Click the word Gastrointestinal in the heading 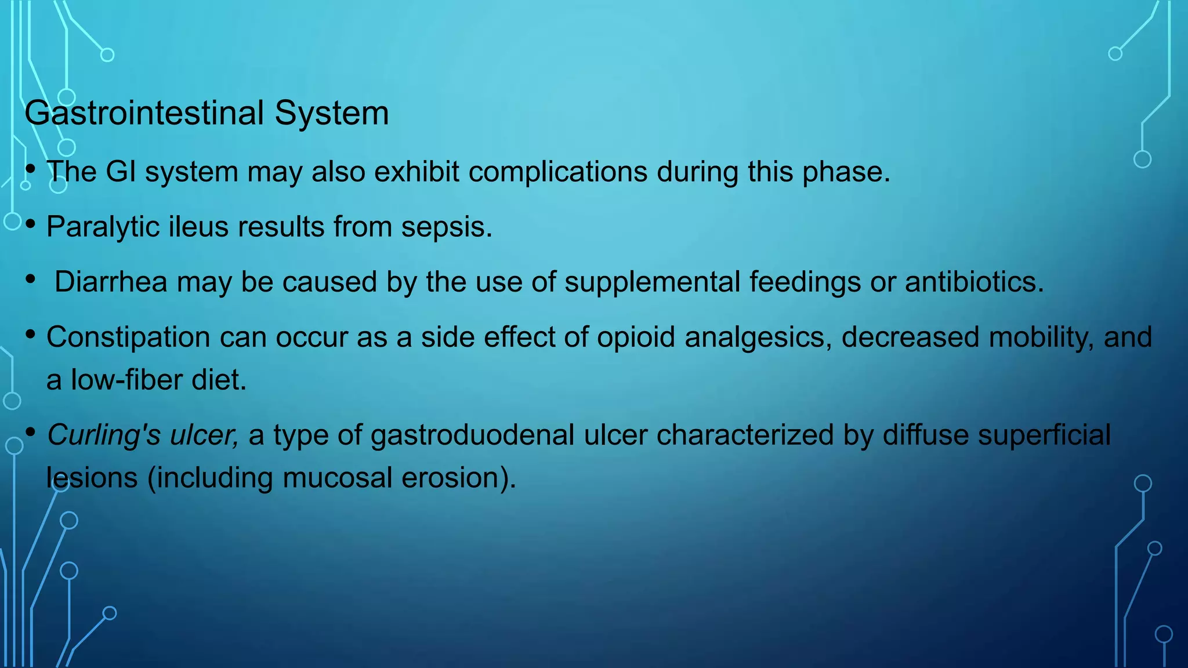coord(144,113)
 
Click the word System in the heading coord(331,113)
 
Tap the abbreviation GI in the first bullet coord(121,172)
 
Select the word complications coord(557,172)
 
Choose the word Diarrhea coord(111,282)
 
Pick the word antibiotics coord(974,282)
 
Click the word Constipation coord(128,337)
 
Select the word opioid coord(636,337)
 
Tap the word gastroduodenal coord(473,435)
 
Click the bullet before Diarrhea coord(31,279)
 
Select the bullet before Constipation coord(31,335)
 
